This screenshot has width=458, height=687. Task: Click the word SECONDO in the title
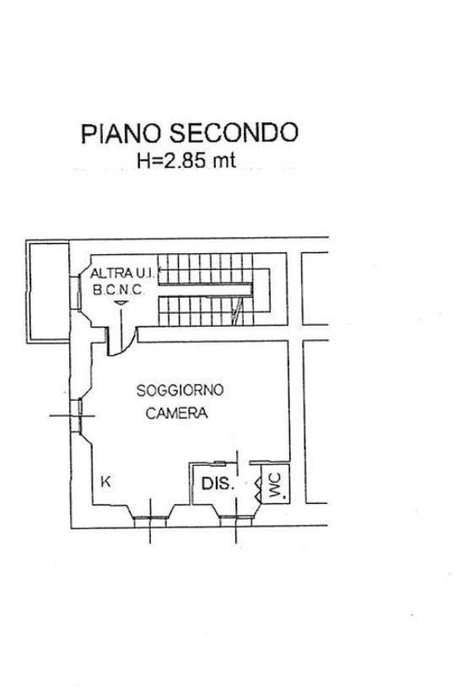pos(234,133)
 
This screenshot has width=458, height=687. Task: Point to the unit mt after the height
pos(224,160)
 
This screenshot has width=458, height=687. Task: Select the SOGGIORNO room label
pos(180,390)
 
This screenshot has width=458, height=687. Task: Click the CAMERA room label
pos(176,414)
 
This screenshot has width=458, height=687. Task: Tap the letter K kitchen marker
pos(105,482)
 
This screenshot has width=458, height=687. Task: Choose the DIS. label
pos(218,484)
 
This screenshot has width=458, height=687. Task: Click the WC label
pos(275,485)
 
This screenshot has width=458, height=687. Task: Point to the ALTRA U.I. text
pos(122,273)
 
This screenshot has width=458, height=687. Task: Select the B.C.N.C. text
pos(118,290)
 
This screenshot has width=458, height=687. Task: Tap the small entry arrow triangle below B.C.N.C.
pos(121,303)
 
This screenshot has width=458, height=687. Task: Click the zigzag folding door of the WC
pos(258,490)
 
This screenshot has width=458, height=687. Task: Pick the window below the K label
pos(150,518)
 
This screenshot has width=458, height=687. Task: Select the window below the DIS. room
pos(236,518)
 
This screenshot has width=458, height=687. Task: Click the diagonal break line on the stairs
pos(237,311)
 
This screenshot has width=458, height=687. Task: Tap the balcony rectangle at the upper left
pos(48,291)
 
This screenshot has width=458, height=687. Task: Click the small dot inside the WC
pos(283,497)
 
